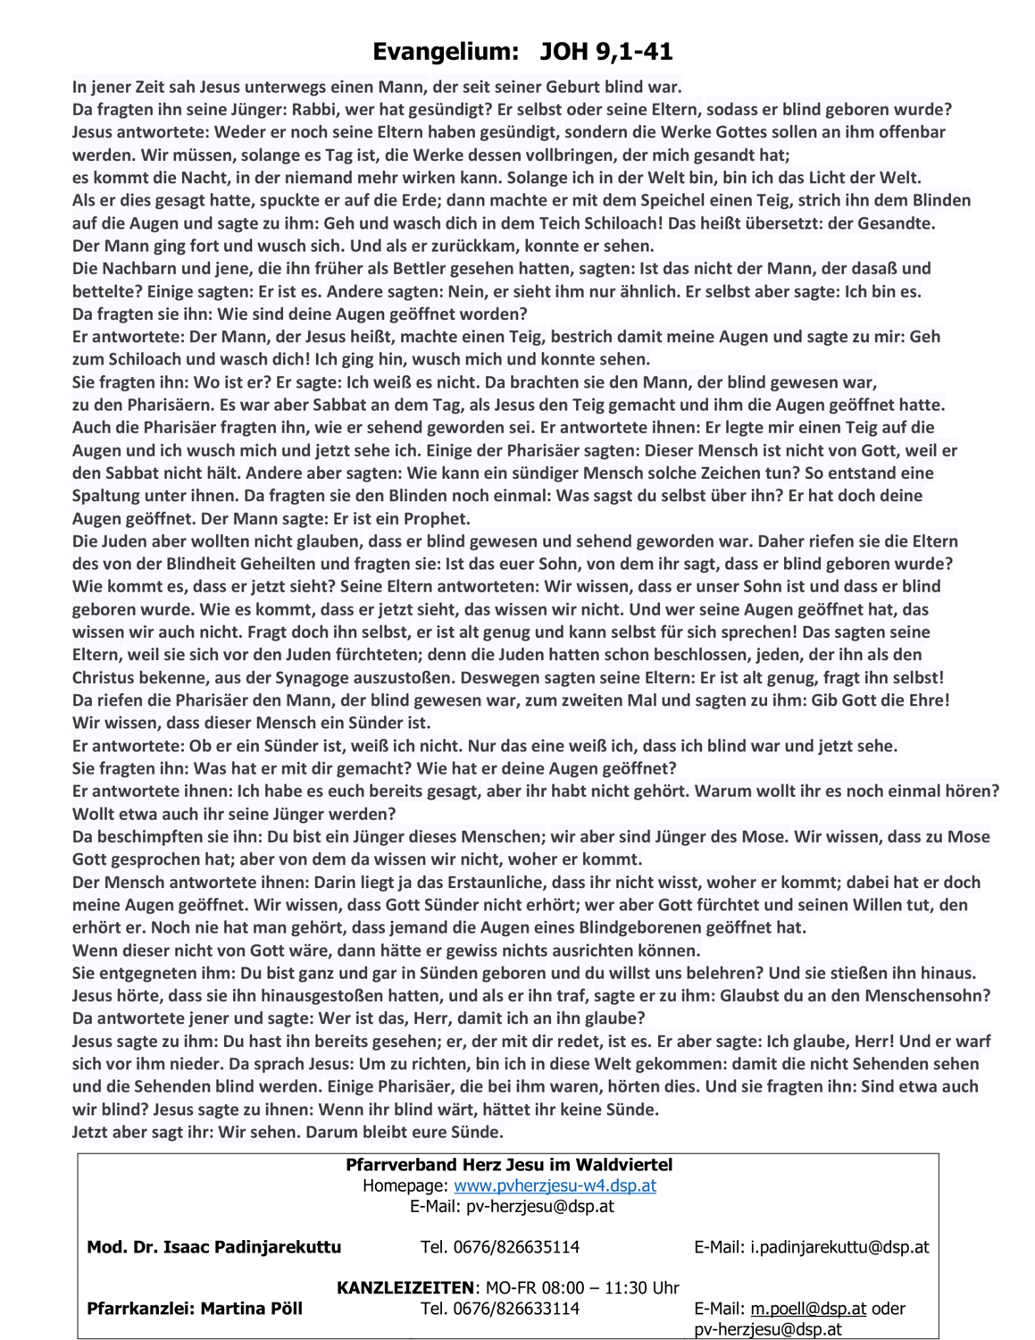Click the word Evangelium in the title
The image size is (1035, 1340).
click(445, 52)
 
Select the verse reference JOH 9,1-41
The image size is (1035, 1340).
click(605, 52)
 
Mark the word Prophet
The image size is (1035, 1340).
click(435, 519)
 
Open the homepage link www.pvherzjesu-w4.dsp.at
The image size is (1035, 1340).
click(555, 1186)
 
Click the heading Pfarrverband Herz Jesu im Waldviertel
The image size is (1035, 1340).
click(509, 1165)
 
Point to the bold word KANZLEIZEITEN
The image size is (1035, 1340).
click(405, 1288)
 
